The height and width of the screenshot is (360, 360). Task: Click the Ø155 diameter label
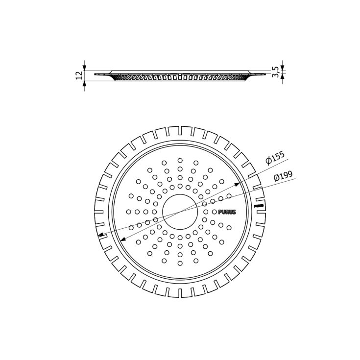pyautogui.click(x=275, y=158)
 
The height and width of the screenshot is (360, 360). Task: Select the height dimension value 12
pyautogui.click(x=79, y=75)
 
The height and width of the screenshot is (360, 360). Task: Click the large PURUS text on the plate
pyautogui.click(x=227, y=212)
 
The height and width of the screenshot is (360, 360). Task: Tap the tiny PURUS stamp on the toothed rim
pyautogui.click(x=260, y=206)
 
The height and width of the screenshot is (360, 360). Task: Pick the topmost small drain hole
pyautogui.click(x=180, y=160)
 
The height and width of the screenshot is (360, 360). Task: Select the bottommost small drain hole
pyautogui.click(x=180, y=263)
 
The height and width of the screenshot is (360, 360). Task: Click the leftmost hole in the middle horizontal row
pyautogui.click(x=128, y=212)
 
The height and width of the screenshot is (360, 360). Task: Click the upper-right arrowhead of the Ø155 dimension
pyautogui.click(x=240, y=184)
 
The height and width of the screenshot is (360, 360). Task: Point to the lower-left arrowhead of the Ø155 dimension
pyautogui.click(x=120, y=240)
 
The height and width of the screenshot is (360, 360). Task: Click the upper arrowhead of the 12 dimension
pyautogui.click(x=84, y=68)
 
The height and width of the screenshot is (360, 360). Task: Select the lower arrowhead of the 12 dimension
pyautogui.click(x=84, y=83)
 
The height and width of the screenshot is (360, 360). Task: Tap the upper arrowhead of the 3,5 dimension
pyautogui.click(x=282, y=69)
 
